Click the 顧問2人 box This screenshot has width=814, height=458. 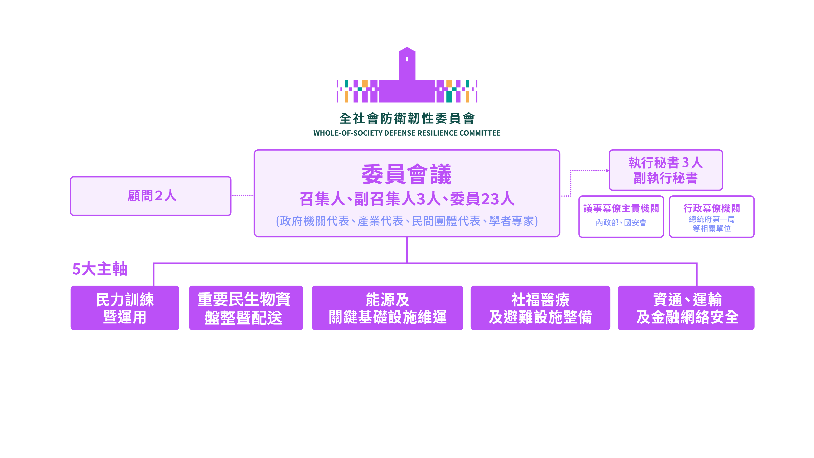[151, 196]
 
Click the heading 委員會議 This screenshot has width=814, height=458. [407, 174]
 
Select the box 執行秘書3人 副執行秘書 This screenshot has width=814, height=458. [665, 170]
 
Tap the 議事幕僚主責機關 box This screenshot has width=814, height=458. [621, 217]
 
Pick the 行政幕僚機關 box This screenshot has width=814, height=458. [712, 217]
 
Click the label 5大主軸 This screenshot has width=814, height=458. [100, 269]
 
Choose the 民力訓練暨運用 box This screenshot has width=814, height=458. [125, 308]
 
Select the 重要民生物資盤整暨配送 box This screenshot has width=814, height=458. [246, 308]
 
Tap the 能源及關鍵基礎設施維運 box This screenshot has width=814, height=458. [387, 308]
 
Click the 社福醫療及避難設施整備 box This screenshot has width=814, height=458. [540, 308]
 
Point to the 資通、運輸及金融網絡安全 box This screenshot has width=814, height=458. [686, 308]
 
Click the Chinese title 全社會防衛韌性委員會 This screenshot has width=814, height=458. [407, 119]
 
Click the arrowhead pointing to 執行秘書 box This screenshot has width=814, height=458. [607, 171]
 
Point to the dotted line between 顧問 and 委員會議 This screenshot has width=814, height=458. [242, 195]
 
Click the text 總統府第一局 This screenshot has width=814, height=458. [712, 219]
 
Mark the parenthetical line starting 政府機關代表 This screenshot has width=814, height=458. [407, 221]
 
